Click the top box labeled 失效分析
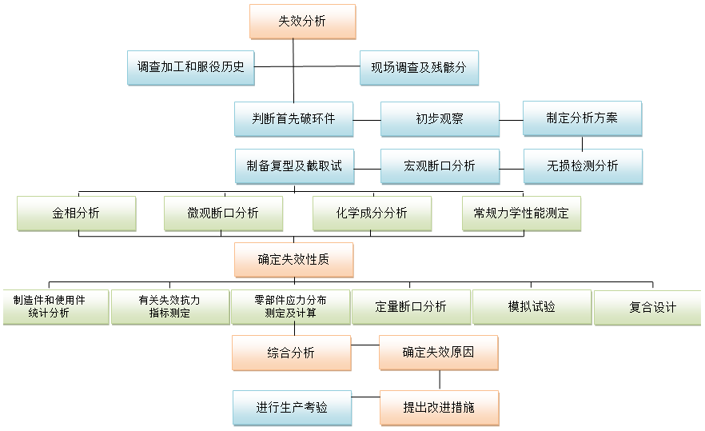[302, 22]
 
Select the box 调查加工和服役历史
[190, 68]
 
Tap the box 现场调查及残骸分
[419, 68]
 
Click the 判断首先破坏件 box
[293, 119]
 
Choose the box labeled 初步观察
[440, 119]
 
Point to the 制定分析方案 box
[582, 118]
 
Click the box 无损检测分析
[582, 166]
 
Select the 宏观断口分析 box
[440, 166]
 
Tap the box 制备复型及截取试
[293, 166]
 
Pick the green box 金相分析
[76, 214]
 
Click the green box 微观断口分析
[223, 214]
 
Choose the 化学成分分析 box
[372, 214]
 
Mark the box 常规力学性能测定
[521, 214]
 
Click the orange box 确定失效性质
[293, 260]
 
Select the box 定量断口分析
[411, 307]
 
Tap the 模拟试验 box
[532, 307]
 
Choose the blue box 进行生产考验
[292, 408]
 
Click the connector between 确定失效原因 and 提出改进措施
[439, 381]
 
